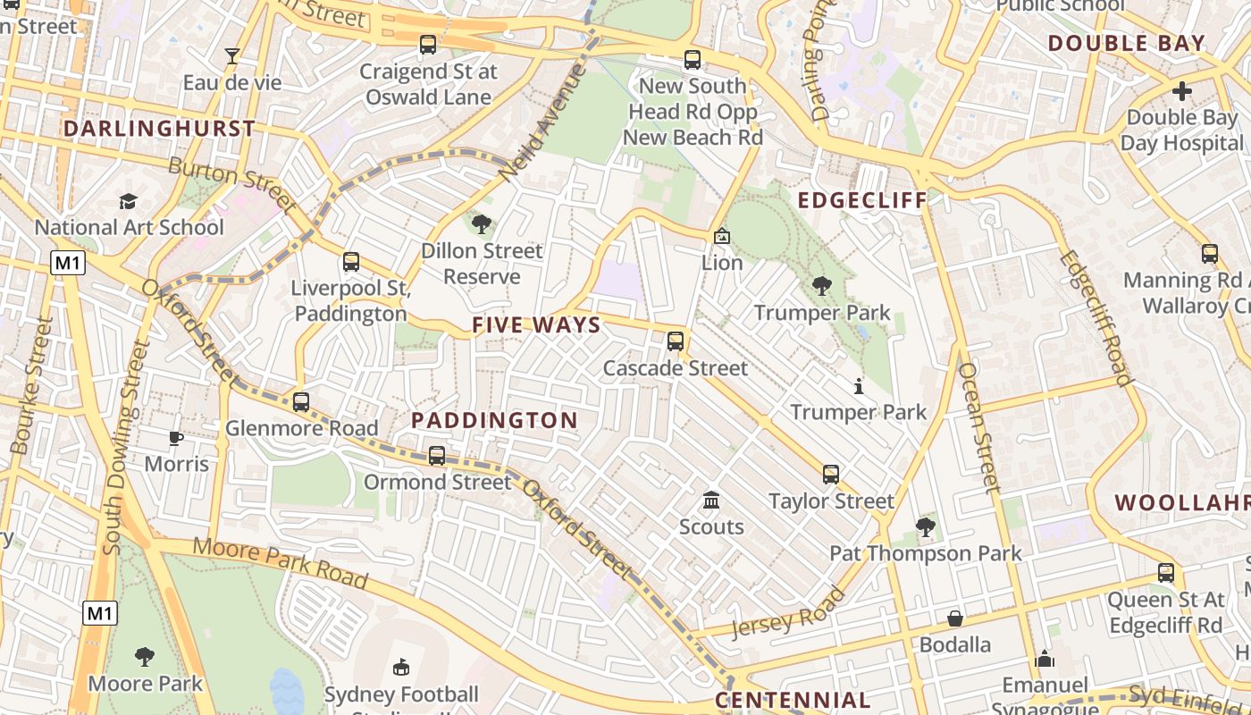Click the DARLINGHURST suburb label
click(x=159, y=129)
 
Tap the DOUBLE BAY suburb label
click(x=1126, y=43)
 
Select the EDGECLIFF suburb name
click(x=862, y=200)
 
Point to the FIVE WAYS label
click(x=536, y=325)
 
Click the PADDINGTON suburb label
click(x=494, y=420)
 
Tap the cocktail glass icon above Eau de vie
click(x=232, y=56)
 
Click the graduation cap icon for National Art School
click(x=129, y=201)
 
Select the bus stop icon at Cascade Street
click(x=676, y=341)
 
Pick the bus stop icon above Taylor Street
click(x=831, y=475)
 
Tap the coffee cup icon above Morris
click(x=176, y=438)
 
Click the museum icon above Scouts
click(x=711, y=500)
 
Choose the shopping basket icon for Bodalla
click(x=955, y=618)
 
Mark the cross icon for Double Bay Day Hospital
click(x=1182, y=91)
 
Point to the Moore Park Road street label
click(x=280, y=563)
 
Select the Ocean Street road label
click(x=978, y=427)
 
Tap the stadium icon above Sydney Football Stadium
click(x=401, y=668)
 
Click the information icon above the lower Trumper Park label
click(x=859, y=386)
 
